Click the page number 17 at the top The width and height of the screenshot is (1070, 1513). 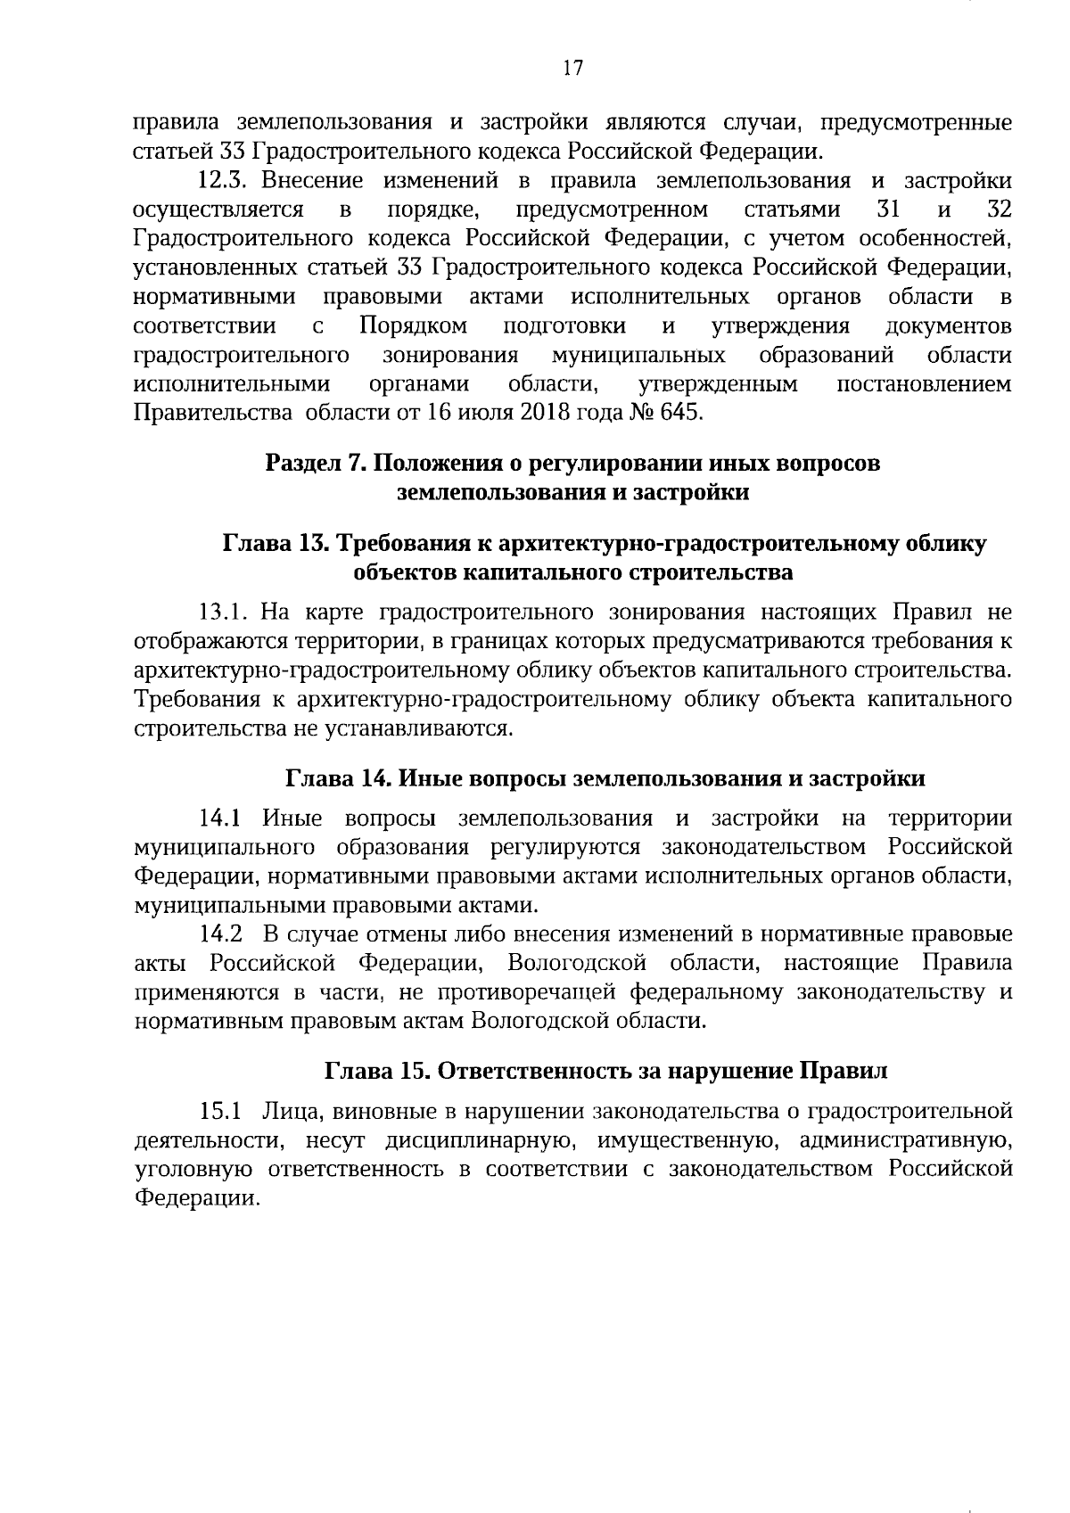coord(572,69)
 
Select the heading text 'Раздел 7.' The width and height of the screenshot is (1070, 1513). coord(316,464)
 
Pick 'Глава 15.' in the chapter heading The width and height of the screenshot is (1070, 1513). coord(375,1071)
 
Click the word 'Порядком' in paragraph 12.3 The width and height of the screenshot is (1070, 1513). coord(414,326)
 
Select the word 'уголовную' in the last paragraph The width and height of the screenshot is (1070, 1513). coord(186,1169)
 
